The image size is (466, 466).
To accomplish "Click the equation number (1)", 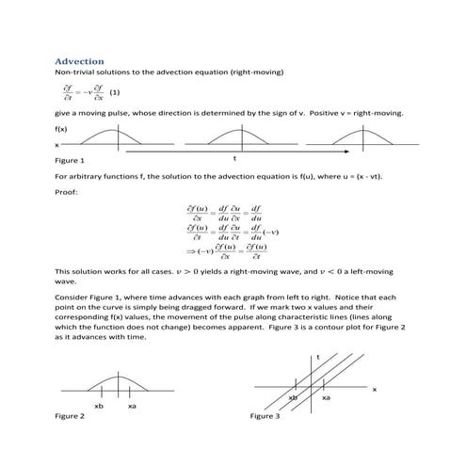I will pyautogui.click(x=115, y=93).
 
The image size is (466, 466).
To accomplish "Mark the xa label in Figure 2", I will pyautogui.click(x=132, y=406).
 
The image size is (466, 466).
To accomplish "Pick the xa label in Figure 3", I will pyautogui.click(x=327, y=398).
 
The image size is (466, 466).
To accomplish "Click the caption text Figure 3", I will pyautogui.click(x=265, y=415).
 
